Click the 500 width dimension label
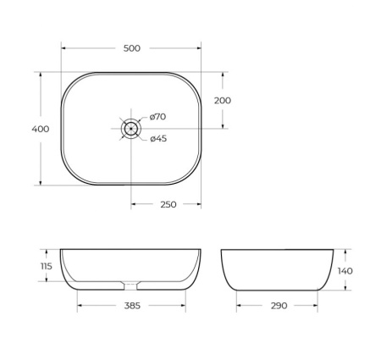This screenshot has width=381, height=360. coord(131,48)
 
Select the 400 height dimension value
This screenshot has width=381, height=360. coord(40,129)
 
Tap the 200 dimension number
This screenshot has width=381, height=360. coord(223,100)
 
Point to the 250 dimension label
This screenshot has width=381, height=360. coord(168,204)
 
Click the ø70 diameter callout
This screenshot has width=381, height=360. coord(158,117)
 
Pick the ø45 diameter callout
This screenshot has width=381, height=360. coord(158,139)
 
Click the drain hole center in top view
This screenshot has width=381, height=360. coord(131,129)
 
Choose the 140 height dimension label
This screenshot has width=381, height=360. coord(345,270)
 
